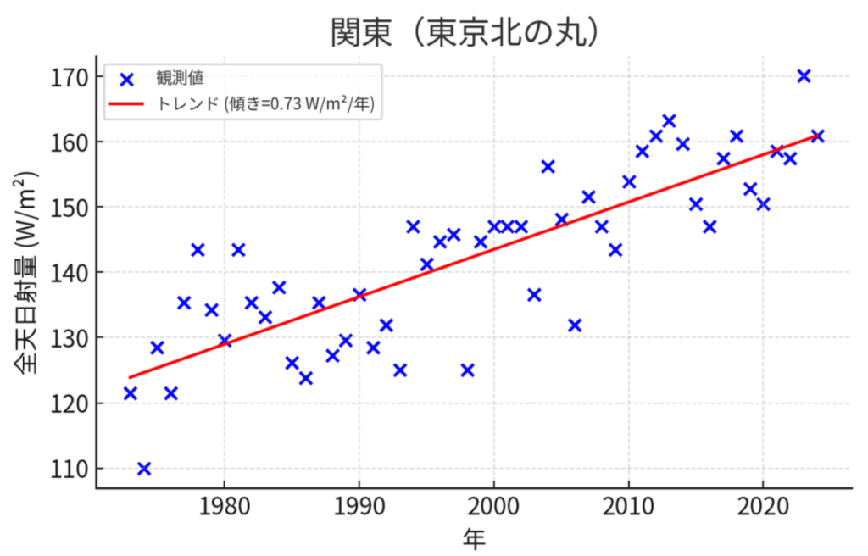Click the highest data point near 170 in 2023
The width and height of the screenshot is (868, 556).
click(804, 76)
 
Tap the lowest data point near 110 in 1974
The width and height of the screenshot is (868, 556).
click(144, 469)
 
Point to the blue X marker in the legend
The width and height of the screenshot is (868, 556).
click(127, 81)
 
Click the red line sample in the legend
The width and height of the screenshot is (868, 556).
click(127, 104)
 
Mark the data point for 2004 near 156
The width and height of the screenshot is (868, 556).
click(548, 167)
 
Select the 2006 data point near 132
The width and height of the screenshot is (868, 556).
click(575, 325)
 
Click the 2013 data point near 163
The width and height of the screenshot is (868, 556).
click(669, 121)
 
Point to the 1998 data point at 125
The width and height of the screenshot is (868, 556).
click(467, 370)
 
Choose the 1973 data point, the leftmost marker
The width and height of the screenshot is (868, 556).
click(131, 393)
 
